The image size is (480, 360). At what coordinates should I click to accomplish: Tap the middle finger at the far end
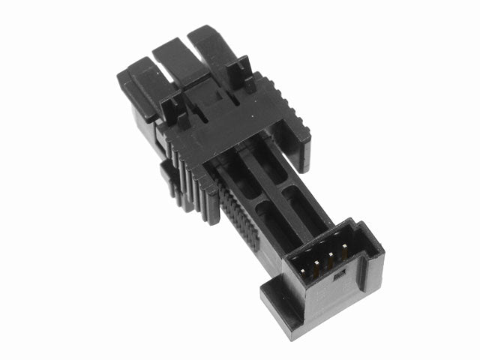click(x=178, y=60)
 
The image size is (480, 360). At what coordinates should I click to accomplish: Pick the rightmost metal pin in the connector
click(x=343, y=253)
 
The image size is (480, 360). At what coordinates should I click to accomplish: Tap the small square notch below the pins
click(x=337, y=275)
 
